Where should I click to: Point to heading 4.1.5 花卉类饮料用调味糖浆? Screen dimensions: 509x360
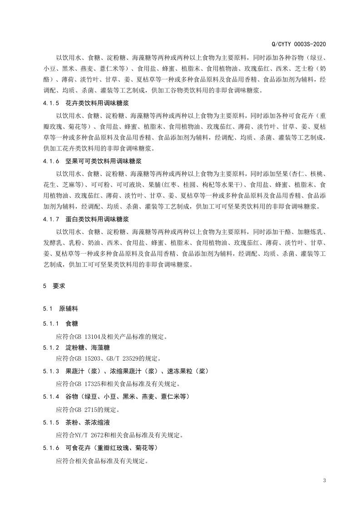coord(86,103)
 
